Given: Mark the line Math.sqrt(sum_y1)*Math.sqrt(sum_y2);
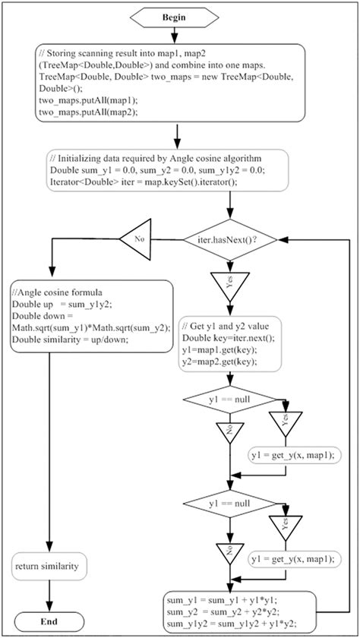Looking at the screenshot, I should (83, 326).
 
